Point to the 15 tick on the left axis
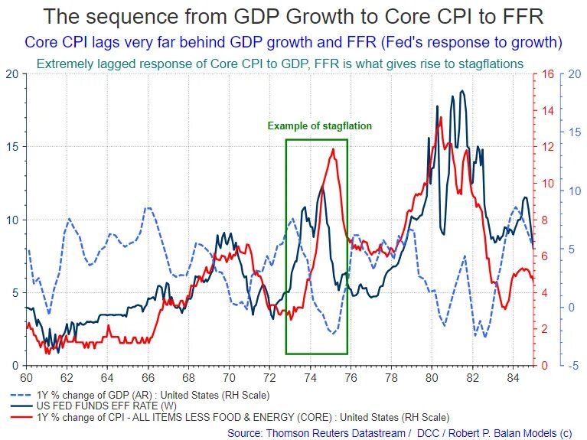(12, 147)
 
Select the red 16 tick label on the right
(547, 74)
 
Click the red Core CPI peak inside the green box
(333, 149)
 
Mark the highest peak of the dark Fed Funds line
(462, 91)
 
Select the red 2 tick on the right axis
(544, 329)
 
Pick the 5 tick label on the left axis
(15, 293)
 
